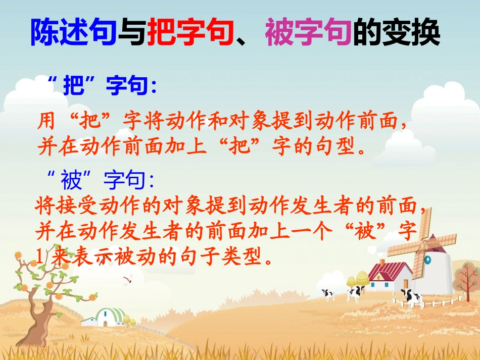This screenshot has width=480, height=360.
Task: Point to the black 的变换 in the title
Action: click(397, 33)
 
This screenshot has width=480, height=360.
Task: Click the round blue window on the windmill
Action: click(427, 260)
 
